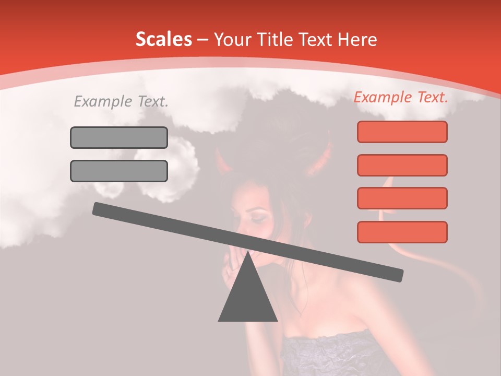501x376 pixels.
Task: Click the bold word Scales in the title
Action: (x=163, y=39)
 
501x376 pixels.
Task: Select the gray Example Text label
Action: (x=121, y=101)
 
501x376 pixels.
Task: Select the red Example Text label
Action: (x=401, y=97)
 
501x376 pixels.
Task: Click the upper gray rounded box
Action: (x=119, y=137)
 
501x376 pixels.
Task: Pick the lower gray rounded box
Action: (x=119, y=171)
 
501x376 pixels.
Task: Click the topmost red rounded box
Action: (x=402, y=132)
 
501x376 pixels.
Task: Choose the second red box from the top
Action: (x=402, y=165)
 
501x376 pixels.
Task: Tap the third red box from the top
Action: (x=402, y=198)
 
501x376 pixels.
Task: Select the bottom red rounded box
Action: (x=402, y=232)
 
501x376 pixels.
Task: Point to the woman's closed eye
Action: (x=257, y=215)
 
